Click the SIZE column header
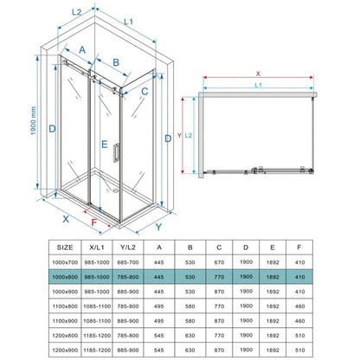click(x=65, y=247)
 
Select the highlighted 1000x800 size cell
click(x=65, y=277)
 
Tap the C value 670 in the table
click(x=219, y=262)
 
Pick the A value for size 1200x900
click(x=159, y=350)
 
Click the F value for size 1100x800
click(x=300, y=306)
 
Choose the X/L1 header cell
click(x=97, y=247)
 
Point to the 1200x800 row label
click(x=65, y=336)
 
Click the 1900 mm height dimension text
click(x=33, y=120)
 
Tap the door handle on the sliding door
click(x=116, y=152)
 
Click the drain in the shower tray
click(x=115, y=190)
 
